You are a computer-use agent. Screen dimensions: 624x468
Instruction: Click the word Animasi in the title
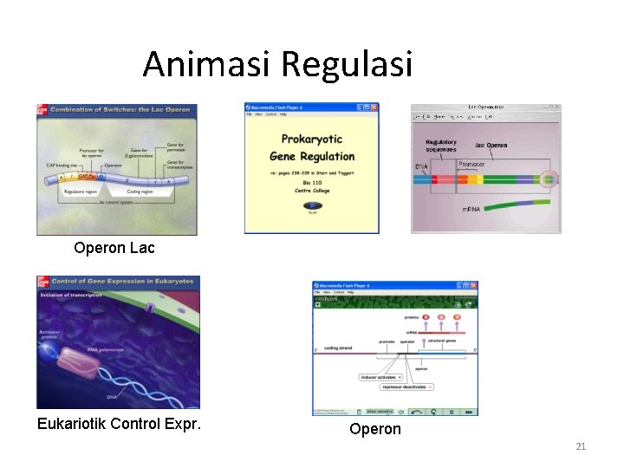coord(207,64)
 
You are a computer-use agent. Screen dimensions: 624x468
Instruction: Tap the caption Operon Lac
coord(114,248)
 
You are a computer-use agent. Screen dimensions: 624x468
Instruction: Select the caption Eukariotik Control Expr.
coord(119,424)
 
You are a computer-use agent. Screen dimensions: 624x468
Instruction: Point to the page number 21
coord(581,446)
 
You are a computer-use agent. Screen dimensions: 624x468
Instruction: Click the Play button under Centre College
coord(312,206)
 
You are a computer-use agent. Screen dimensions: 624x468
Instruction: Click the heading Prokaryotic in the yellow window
coord(312,139)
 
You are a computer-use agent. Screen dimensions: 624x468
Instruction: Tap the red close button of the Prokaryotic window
coord(374,107)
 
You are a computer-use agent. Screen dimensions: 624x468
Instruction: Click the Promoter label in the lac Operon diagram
coord(471,164)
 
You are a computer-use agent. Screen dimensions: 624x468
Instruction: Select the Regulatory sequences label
coord(441,146)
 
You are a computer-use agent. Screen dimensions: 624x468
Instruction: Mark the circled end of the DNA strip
coord(548,180)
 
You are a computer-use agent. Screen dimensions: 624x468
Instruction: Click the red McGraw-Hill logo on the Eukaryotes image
coord(41,283)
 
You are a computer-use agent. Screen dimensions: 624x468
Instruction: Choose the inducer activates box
coord(380,377)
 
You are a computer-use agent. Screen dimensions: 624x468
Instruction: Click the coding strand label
coord(337,348)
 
